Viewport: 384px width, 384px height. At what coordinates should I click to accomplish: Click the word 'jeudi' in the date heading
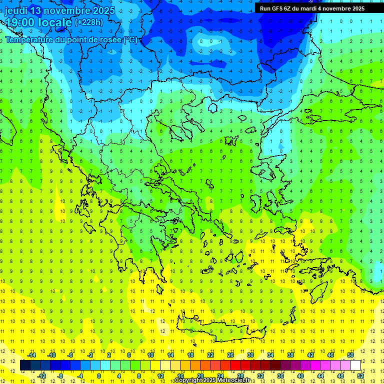pyautogui.click(x=15, y=10)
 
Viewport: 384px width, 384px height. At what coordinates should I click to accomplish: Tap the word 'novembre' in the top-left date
pyautogui.click(x=70, y=10)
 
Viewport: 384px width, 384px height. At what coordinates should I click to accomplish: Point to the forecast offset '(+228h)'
pyautogui.click(x=89, y=22)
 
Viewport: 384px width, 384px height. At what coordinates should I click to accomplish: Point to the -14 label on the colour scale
pyautogui.click(x=31, y=355)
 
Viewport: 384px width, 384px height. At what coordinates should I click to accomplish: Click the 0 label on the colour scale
pyautogui.click(x=99, y=376)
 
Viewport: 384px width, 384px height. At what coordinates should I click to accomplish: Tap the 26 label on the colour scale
pyautogui.click(x=230, y=355)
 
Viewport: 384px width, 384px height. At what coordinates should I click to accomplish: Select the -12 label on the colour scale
pyautogui.click(x=41, y=376)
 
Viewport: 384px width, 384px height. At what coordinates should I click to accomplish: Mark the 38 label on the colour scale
pyautogui.click(x=290, y=355)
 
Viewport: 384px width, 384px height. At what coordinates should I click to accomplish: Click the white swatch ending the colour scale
pyautogui.click(x=355, y=365)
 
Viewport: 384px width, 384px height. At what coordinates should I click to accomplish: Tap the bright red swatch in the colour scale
pyautogui.click(x=235, y=365)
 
